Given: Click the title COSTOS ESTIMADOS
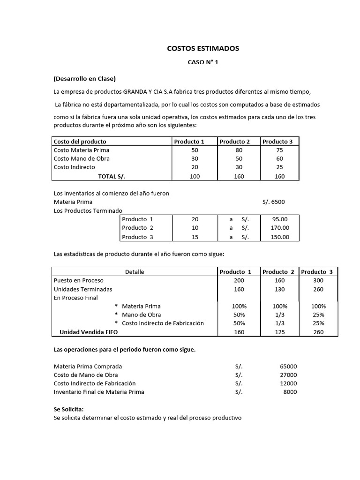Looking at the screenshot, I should pos(203,48).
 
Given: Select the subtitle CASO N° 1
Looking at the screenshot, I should pos(203,62).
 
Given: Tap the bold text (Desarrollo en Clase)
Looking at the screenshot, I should pos(84,78).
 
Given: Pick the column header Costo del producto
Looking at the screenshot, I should pos(80,142).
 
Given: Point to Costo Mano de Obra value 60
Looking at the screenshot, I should pos(280,159).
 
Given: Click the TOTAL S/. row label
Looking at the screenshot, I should pos(112,176).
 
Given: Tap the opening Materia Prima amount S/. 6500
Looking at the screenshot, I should pos(274,202).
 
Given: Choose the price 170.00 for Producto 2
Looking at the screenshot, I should pos(280,228).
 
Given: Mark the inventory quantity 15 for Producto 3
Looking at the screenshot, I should pos(195,237).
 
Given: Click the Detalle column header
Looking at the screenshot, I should pos(135,272).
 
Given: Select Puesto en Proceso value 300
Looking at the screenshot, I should pos(318,280).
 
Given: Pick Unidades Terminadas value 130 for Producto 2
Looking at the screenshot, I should pos(278,289).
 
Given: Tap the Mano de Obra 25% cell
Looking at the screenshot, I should pos(318,315).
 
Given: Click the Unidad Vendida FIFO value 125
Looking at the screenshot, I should pos(278,332).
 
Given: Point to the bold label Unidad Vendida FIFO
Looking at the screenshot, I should pos(89,332).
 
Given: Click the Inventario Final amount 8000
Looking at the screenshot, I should pos(290,392).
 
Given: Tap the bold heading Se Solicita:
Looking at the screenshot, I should pos(68,409).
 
